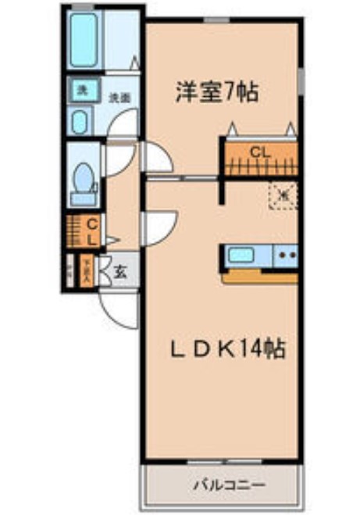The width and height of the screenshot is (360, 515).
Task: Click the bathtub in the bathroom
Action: [x=84, y=38]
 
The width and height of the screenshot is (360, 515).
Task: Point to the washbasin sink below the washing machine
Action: [x=80, y=120]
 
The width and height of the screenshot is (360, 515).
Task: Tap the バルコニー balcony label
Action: [x=223, y=485]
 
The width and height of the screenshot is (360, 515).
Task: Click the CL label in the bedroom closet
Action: [x=260, y=152]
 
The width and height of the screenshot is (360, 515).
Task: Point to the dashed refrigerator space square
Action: [x=282, y=195]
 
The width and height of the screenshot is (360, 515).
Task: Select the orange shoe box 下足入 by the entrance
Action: [x=87, y=272]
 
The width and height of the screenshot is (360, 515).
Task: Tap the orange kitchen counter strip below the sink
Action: [x=260, y=276]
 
